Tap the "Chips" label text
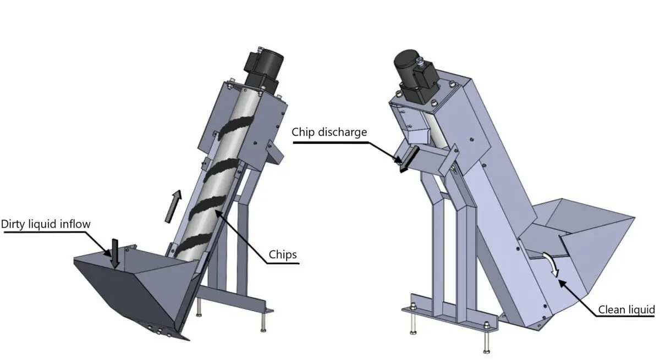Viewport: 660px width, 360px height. coord(283,254)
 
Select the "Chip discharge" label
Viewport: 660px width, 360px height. coord(329,132)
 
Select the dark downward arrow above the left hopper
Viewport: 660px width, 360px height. coord(114,253)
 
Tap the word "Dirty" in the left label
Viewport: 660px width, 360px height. coord(14,224)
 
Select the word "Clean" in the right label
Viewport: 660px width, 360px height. coord(610,309)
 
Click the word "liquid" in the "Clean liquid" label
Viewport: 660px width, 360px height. coord(641,309)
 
